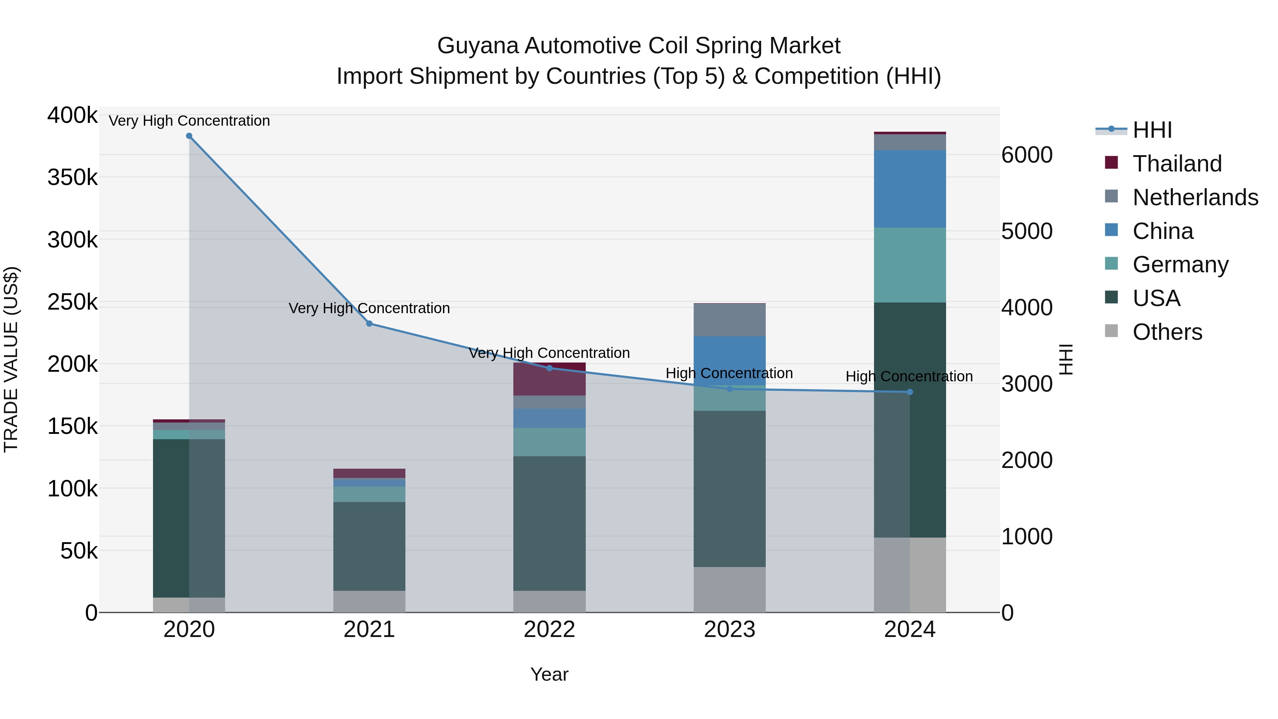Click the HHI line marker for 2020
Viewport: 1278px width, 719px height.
tap(189, 136)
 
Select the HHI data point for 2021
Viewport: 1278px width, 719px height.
tap(369, 323)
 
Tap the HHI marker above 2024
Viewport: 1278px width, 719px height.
tap(910, 392)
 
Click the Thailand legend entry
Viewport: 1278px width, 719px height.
tap(1177, 164)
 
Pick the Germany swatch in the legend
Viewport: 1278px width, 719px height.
tap(1111, 264)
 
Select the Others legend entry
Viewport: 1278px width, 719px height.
tap(1167, 332)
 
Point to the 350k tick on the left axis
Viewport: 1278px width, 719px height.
tap(72, 177)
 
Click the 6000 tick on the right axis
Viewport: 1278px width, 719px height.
tap(1026, 155)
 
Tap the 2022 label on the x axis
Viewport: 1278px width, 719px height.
tap(549, 630)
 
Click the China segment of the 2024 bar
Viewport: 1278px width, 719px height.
tap(910, 189)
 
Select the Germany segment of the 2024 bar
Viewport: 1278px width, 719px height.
tap(910, 265)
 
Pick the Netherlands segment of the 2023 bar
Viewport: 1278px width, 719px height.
tap(729, 320)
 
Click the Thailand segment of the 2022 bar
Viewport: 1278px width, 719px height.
tap(549, 379)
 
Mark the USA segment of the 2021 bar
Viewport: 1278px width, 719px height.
tap(369, 546)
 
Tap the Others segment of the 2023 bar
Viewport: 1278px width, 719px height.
tap(729, 589)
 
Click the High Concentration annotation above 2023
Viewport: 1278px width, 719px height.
tap(729, 373)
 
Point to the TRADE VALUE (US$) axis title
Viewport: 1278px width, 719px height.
tap(11, 359)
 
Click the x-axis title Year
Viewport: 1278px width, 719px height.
tap(549, 674)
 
